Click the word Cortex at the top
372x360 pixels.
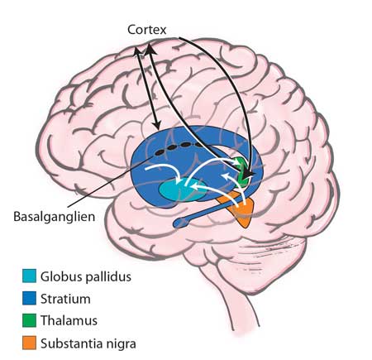coord(147,30)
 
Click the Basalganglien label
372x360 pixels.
coord(55,217)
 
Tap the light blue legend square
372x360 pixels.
coord(29,276)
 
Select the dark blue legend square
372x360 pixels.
coord(29,298)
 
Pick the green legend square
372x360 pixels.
coord(29,320)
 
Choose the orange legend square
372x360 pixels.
coord(29,343)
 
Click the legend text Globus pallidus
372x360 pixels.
coord(86,276)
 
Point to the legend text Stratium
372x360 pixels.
coord(65,299)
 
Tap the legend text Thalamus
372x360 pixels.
coord(69,320)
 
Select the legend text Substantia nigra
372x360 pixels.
coord(88,343)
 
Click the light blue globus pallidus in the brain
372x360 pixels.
coord(181,190)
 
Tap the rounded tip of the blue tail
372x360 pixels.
coord(178,223)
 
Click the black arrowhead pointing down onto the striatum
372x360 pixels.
coord(157,126)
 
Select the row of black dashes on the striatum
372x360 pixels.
coord(177,147)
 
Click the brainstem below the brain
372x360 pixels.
coord(237,298)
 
